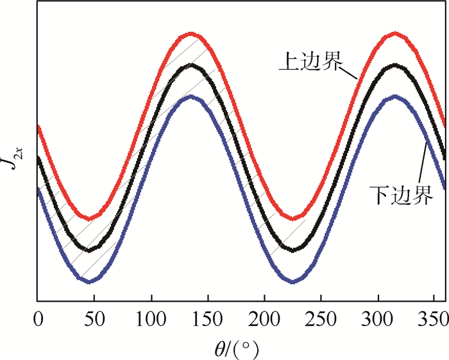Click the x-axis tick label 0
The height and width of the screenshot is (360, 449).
[38, 316]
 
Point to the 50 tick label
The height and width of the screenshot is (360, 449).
[94, 316]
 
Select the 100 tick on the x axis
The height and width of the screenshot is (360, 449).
[151, 316]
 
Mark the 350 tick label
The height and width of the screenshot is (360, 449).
[431, 316]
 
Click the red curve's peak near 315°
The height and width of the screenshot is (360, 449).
[394, 33]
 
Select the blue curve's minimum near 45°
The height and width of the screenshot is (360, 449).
[89, 280]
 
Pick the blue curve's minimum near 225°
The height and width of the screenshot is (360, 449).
[293, 280]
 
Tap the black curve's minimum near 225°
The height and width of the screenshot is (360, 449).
[293, 249]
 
